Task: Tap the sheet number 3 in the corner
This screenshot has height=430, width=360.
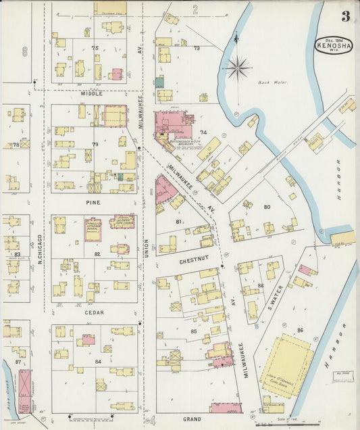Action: point(345,16)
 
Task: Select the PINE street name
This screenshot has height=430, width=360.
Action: point(94,201)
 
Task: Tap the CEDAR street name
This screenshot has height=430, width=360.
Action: point(94,312)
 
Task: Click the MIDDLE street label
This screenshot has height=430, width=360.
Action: point(93,94)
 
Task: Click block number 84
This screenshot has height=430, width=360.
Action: point(98,362)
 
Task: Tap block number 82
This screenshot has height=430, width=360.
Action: point(97,254)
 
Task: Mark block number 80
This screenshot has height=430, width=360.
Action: point(267,206)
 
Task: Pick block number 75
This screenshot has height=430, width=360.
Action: point(95,48)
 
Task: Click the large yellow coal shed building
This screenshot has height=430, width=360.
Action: point(286,366)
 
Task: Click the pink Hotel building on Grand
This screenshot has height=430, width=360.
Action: point(226,408)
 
